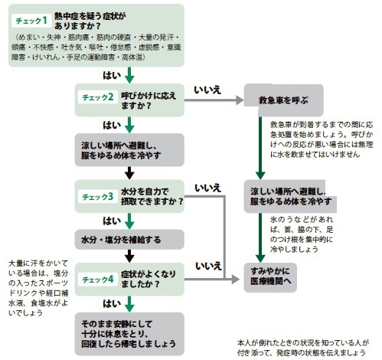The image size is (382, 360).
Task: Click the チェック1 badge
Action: click(31, 21)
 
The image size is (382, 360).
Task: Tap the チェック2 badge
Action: click(98, 97)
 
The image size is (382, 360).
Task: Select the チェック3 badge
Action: click(98, 197)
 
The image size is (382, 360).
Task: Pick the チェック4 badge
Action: click(98, 280)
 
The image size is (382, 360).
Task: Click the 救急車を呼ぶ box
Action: click(283, 100)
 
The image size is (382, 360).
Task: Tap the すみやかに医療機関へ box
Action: click(270, 277)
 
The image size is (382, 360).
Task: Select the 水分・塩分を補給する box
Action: click(129, 240)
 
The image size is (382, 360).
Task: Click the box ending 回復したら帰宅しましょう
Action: click(129, 334)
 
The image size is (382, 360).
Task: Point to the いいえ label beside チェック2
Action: click(207, 90)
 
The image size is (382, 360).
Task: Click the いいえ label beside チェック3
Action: click(207, 188)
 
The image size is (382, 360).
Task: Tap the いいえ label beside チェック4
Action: click(208, 267)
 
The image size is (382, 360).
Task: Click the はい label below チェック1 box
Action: click(112, 75)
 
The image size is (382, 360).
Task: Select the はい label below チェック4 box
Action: click(112, 303)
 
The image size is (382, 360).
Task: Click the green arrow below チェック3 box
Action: click(129, 221)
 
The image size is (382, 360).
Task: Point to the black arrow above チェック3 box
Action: click(129, 173)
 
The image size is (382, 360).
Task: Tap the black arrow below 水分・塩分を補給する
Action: click(129, 256)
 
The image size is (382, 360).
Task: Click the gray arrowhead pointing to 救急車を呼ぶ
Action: click(240, 100)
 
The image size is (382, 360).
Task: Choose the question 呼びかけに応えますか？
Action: click(149, 100)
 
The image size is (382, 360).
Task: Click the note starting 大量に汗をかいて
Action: click(38, 288)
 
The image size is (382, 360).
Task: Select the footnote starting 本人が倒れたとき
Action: click(303, 348)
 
